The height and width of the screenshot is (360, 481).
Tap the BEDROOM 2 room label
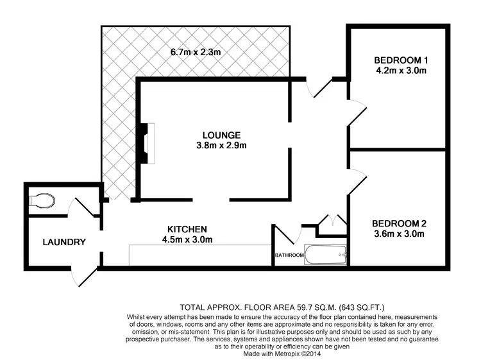(x=399, y=223)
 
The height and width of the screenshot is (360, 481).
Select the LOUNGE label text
(x=221, y=135)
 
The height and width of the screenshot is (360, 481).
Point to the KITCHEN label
(x=187, y=229)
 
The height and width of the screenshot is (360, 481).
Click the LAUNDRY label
(x=64, y=242)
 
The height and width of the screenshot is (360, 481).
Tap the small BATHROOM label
(x=289, y=255)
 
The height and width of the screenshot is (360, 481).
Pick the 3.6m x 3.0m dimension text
(x=399, y=234)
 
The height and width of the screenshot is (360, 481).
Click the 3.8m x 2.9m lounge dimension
(x=221, y=146)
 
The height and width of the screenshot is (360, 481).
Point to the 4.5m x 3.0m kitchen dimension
(x=187, y=240)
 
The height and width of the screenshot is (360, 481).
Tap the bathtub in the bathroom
(x=326, y=256)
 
